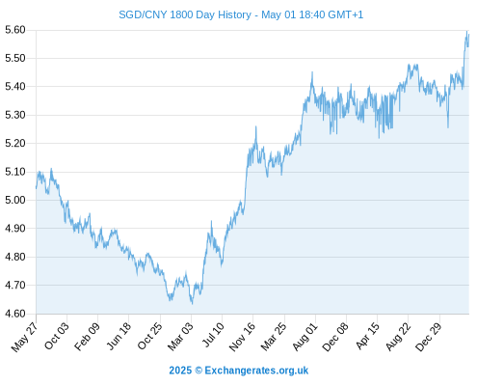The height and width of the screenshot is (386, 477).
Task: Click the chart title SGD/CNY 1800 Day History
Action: click(x=185, y=14)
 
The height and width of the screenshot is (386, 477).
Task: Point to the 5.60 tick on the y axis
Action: click(x=15, y=30)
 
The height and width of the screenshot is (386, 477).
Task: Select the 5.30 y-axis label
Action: click(x=15, y=115)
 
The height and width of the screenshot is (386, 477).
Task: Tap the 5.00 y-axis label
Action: click(x=15, y=200)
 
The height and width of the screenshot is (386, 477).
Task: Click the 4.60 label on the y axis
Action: click(x=15, y=314)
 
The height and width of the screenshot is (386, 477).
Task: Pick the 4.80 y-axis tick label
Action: click(x=15, y=257)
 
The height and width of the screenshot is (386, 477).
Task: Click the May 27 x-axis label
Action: click(x=24, y=337)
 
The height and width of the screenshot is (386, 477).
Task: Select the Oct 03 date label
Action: click(x=57, y=336)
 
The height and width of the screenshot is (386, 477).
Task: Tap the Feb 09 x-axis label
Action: click(x=87, y=337)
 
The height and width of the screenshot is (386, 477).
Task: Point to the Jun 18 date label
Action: click(x=119, y=336)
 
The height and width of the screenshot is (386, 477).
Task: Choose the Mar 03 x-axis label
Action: click(x=180, y=337)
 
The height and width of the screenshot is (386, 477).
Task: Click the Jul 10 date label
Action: click(x=213, y=335)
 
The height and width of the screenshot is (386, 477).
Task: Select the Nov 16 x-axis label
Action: click(x=242, y=337)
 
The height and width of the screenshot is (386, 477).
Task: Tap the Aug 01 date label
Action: click(x=305, y=337)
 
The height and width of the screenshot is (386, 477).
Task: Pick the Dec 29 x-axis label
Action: click(x=429, y=337)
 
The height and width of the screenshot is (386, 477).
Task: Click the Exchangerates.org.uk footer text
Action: click(x=256, y=371)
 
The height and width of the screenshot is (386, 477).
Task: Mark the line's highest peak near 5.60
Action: click(x=466, y=31)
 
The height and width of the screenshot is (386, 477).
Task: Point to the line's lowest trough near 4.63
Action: click(x=192, y=303)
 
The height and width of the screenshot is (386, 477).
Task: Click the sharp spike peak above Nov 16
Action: click(x=256, y=126)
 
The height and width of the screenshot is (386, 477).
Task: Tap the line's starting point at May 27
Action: click(x=37, y=188)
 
